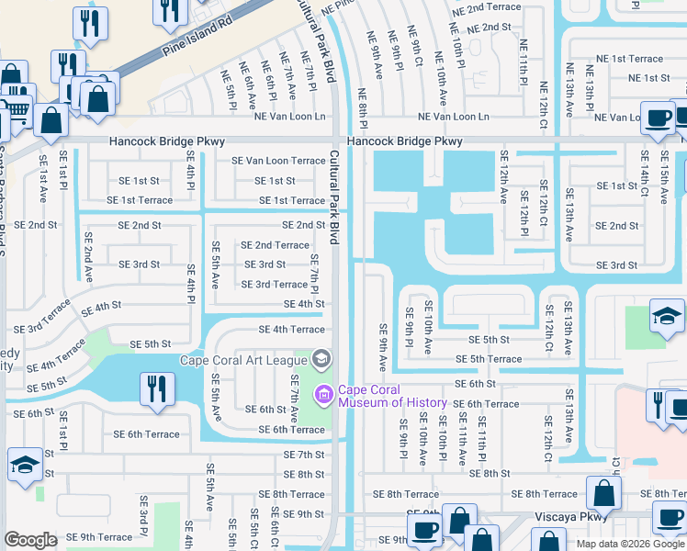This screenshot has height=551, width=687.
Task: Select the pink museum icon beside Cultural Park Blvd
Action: pos(323,396)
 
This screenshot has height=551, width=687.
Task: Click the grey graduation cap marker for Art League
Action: pos(321,358)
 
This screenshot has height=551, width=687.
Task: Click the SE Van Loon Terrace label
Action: pos(278,161)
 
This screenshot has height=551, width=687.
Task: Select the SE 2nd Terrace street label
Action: pos(275,245)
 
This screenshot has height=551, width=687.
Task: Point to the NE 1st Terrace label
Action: pos(633,59)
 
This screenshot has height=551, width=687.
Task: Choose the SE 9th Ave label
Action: pos(383,342)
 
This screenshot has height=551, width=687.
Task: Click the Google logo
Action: pos(30,540)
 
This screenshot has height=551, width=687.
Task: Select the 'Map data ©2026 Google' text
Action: pos(629,544)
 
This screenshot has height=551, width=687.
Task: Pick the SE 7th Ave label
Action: pos(295,397)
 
